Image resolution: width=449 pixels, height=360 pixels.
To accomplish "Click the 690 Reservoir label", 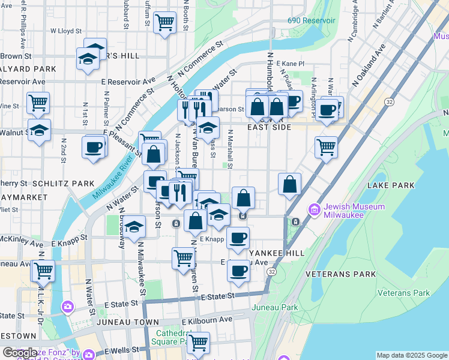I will (311, 20).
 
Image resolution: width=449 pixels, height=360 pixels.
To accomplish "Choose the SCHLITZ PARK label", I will (63, 183).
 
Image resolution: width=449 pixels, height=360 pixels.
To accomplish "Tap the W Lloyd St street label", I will (66, 30).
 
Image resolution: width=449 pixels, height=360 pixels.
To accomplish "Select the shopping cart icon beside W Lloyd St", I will (164, 23).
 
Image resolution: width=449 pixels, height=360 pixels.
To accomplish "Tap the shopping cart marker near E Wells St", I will (197, 343).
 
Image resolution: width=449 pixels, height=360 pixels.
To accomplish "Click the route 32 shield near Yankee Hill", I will (273, 272).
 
